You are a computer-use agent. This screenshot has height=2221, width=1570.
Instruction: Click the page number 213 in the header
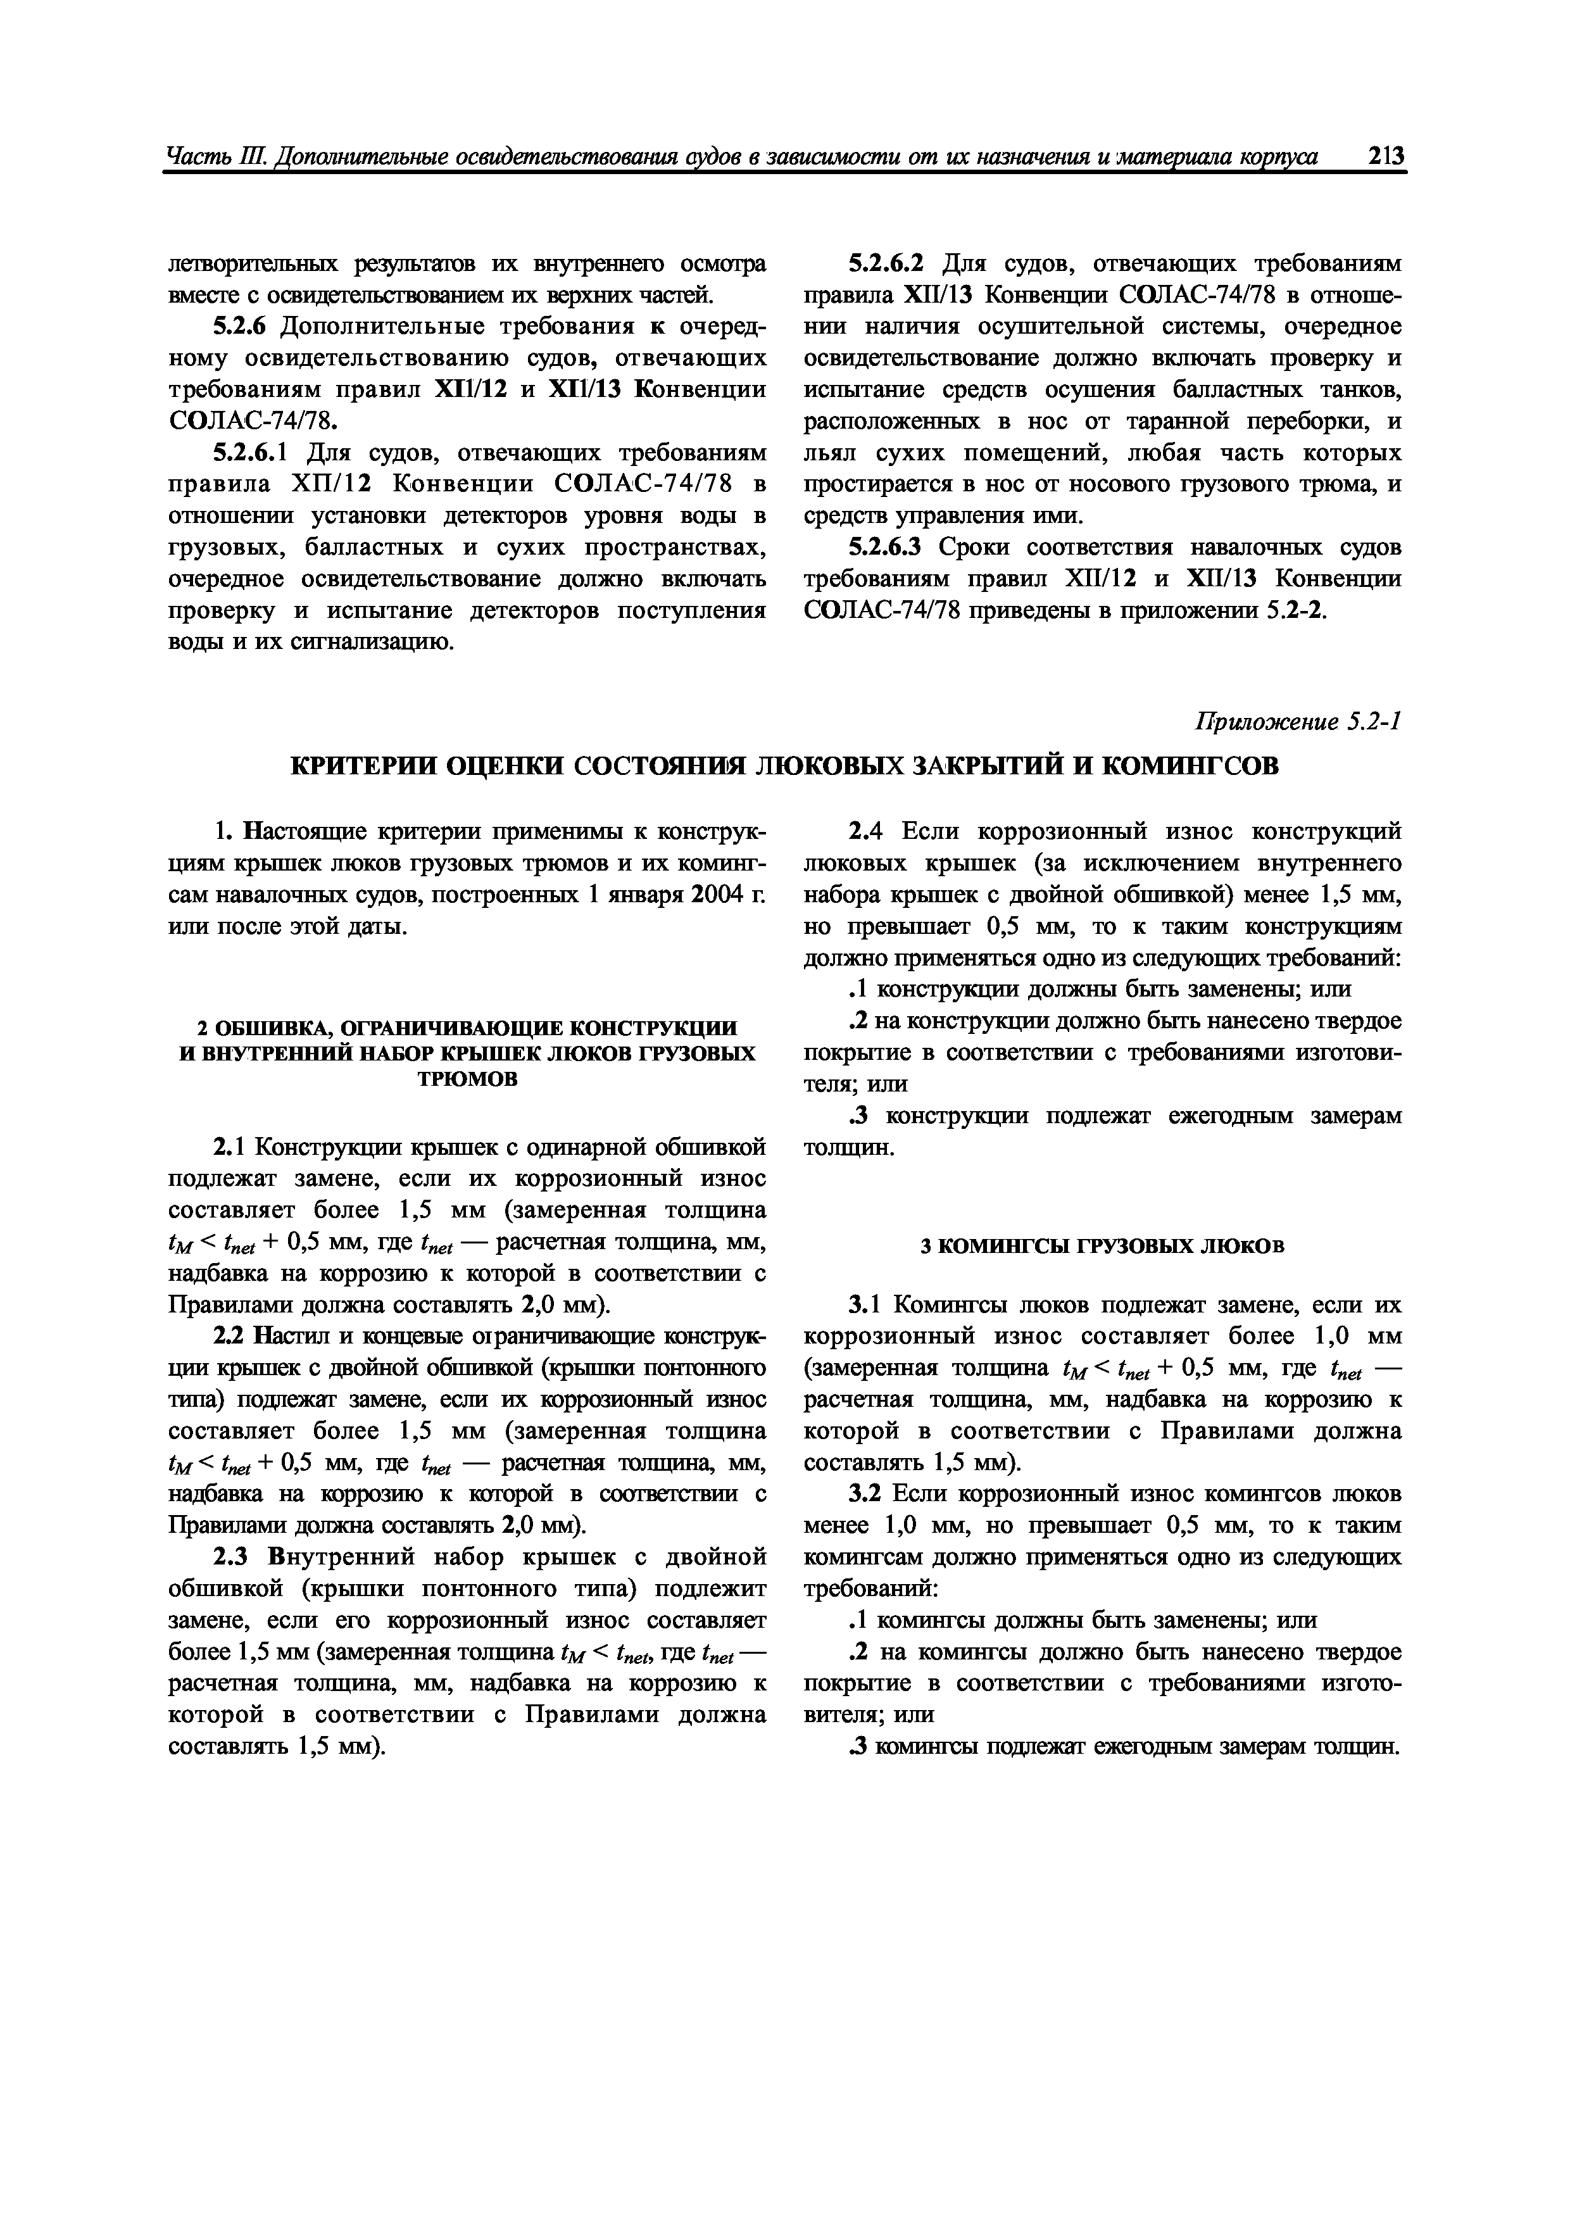point(1385,157)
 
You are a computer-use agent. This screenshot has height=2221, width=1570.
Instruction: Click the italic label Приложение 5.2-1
point(1298,722)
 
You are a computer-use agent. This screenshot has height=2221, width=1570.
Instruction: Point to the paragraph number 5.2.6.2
point(886,263)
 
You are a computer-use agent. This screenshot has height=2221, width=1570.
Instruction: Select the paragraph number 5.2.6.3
point(886,548)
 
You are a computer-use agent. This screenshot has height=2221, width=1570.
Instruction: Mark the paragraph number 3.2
point(867,1494)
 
